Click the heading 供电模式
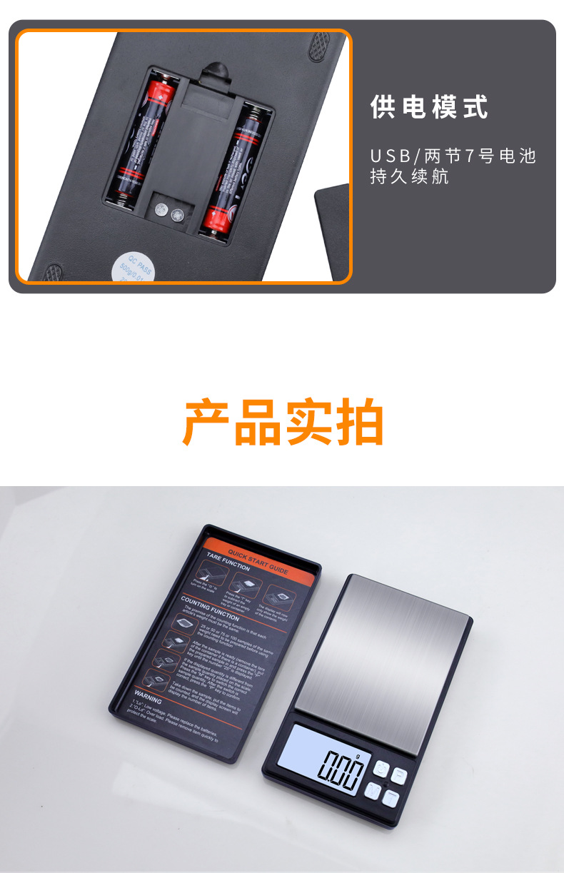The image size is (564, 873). click(x=429, y=107)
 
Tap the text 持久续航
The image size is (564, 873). click(x=409, y=176)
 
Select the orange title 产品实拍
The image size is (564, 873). click(x=283, y=423)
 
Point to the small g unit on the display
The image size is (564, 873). click(x=358, y=755)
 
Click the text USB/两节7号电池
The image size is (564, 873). click(x=453, y=156)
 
